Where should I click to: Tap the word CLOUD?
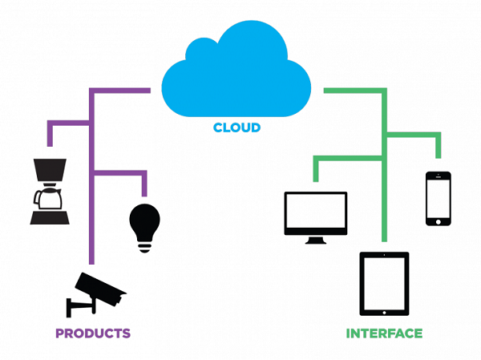click(236, 127)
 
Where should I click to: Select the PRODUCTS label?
click(93, 334)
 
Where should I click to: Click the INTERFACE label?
click(384, 334)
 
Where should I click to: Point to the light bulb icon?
click(144, 228)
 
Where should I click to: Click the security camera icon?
click(96, 294)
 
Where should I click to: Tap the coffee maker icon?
click(50, 192)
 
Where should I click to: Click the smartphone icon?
click(439, 199)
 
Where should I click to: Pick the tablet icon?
click(384, 284)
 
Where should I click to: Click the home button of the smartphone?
click(439, 221)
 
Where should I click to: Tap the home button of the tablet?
click(384, 313)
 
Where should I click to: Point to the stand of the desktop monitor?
click(316, 241)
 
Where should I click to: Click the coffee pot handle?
click(37, 199)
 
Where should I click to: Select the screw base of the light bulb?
click(144, 247)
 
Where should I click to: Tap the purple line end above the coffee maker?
click(50, 146)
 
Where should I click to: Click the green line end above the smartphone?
click(439, 158)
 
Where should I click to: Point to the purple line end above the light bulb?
click(144, 196)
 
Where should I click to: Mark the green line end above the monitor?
click(316, 181)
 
